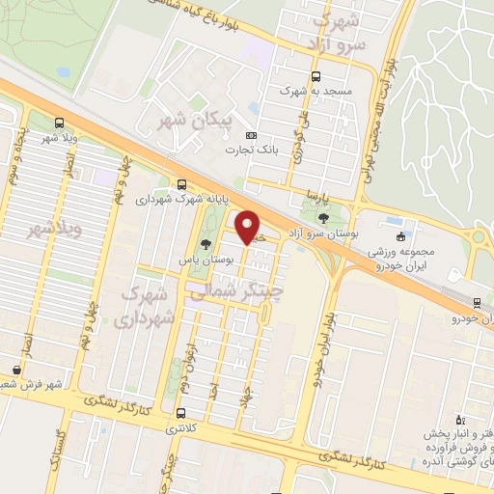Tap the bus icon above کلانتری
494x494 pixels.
[x=181, y=414]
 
